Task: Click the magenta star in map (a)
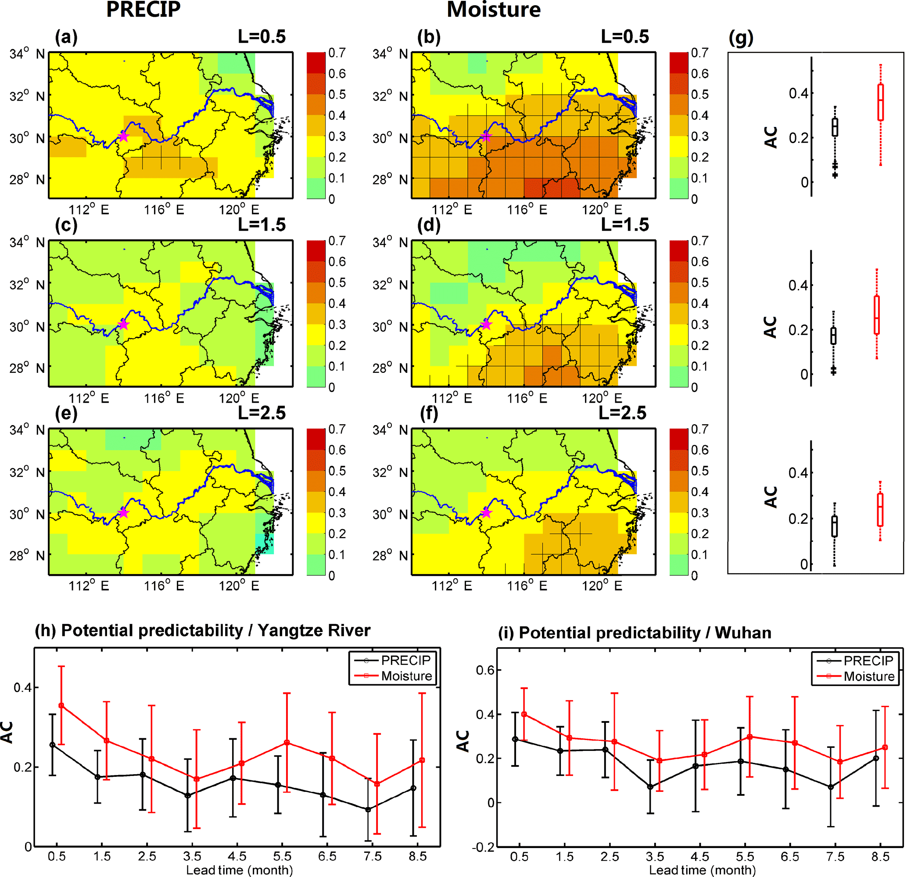pyautogui.click(x=123, y=136)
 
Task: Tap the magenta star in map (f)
pyautogui.click(x=486, y=512)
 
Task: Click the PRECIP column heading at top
pyautogui.click(x=143, y=10)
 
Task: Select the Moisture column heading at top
pyautogui.click(x=493, y=10)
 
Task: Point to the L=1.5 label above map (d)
pyautogui.click(x=625, y=225)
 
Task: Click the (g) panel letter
pyautogui.click(x=741, y=38)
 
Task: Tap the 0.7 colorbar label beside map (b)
pyautogui.click(x=700, y=53)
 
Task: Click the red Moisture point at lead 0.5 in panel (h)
pyautogui.click(x=61, y=706)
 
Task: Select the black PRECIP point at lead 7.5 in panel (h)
pyautogui.click(x=368, y=810)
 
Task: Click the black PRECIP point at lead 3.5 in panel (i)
pyautogui.click(x=650, y=787)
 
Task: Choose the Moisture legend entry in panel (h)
pyautogui.click(x=406, y=676)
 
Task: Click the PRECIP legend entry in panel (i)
pyautogui.click(x=868, y=661)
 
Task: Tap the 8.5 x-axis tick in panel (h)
pyautogui.click(x=418, y=857)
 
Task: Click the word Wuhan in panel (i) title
pyautogui.click(x=743, y=633)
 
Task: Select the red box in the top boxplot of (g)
pyautogui.click(x=880, y=102)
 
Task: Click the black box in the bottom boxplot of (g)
pyautogui.click(x=834, y=527)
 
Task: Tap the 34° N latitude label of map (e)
pyautogui.click(x=27, y=430)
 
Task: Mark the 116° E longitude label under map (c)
pyautogui.click(x=164, y=398)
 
